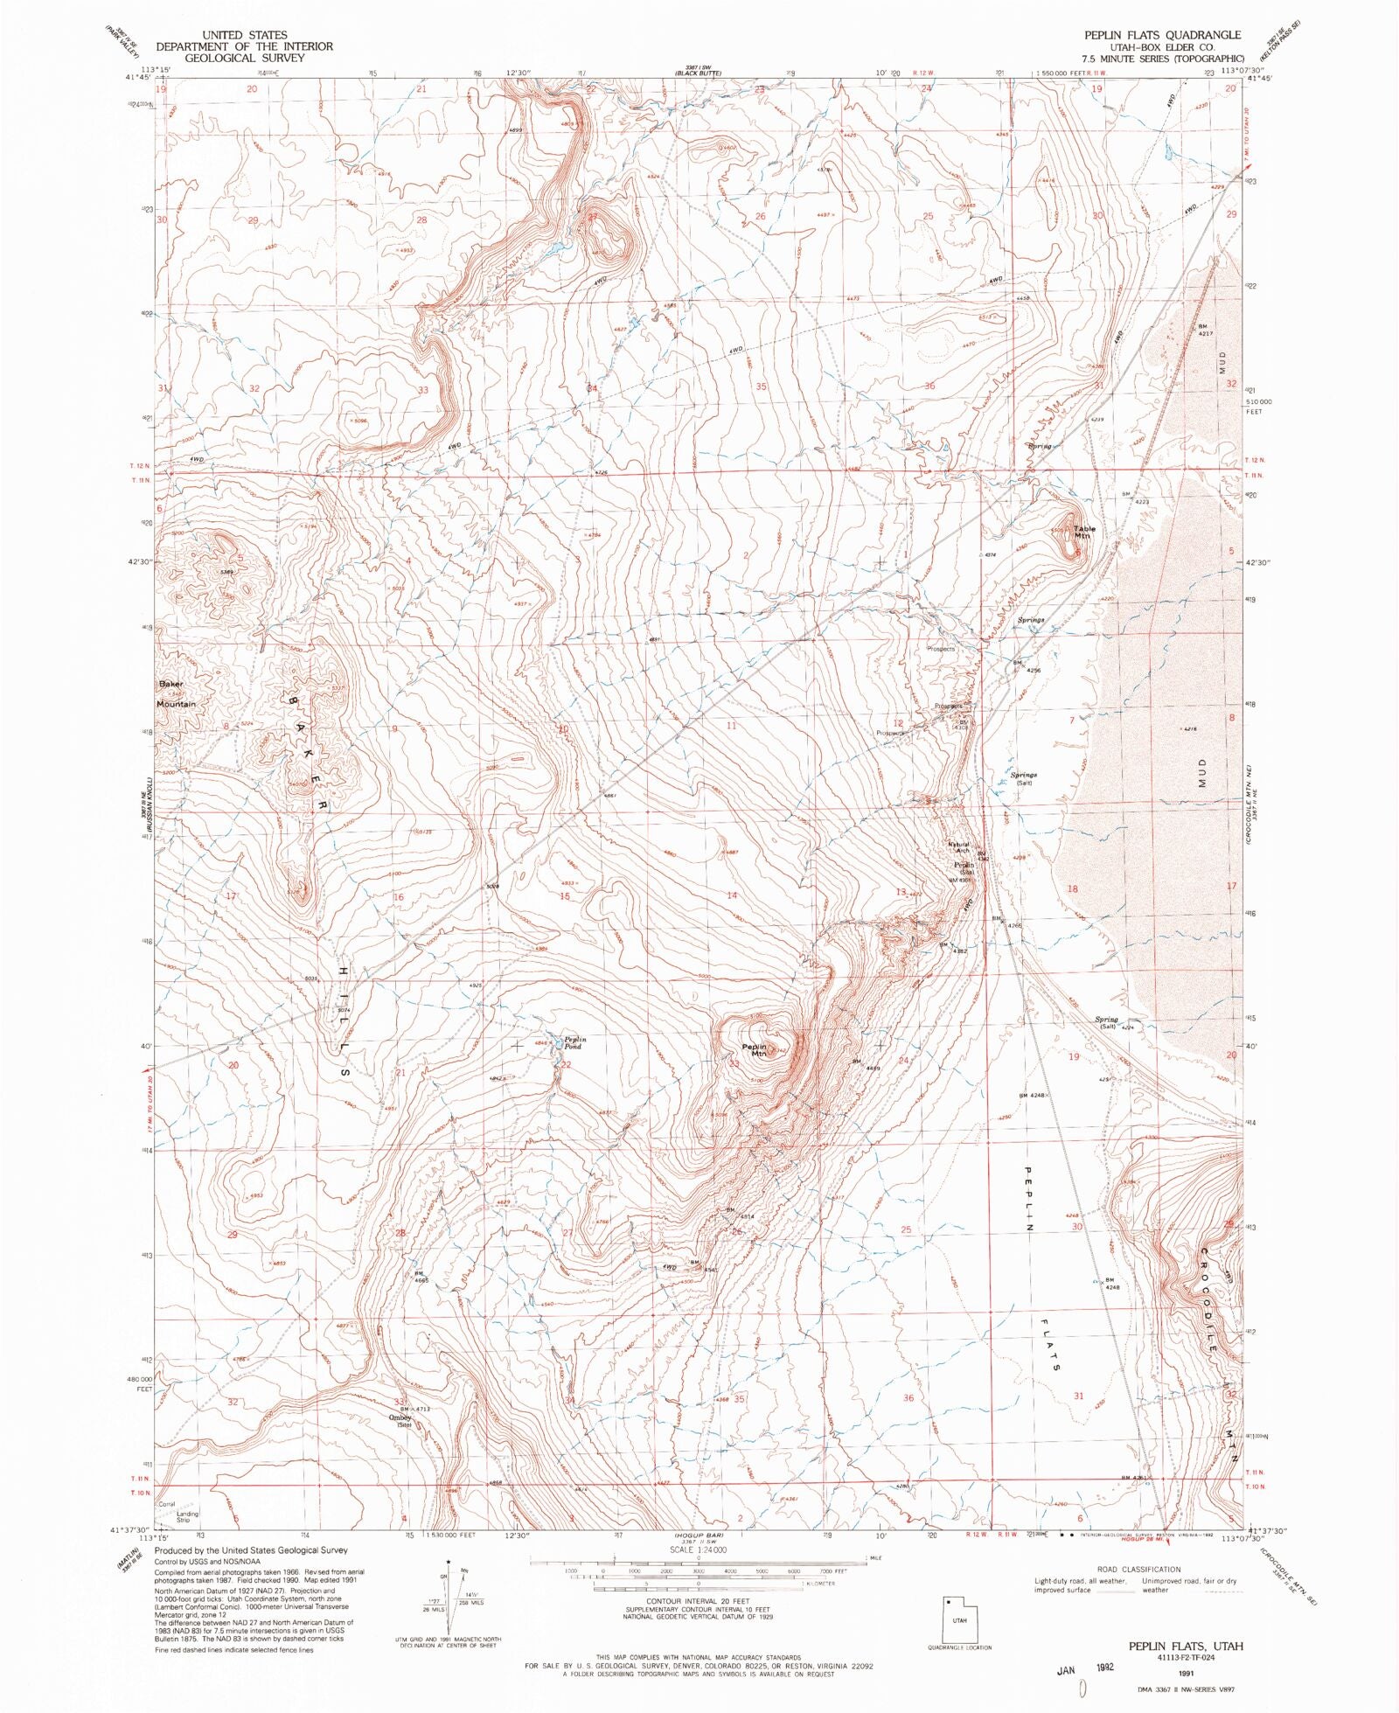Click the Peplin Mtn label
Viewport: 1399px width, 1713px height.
pos(754,1050)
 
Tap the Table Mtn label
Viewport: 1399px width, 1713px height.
pos(1083,532)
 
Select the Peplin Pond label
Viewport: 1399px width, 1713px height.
pos(574,1042)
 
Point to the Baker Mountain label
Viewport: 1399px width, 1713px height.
pos(176,693)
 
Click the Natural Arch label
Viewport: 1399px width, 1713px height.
pos(959,846)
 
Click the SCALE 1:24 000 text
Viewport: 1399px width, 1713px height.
pos(698,1549)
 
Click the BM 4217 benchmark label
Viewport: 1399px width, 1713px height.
pos(1206,330)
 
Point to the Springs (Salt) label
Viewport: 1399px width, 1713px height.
pos(1024,778)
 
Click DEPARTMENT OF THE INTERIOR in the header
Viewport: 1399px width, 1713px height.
pos(244,46)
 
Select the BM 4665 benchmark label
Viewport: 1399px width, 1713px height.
pos(421,1277)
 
